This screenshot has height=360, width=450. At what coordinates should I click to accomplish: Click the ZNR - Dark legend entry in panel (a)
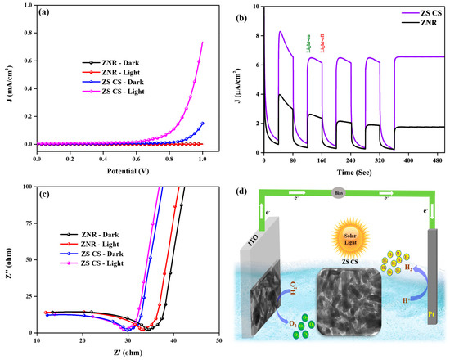click(113, 62)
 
